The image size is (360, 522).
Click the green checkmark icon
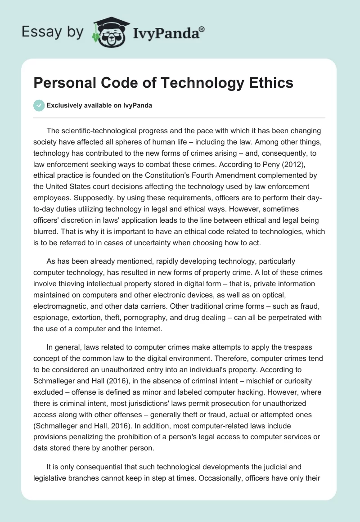[38, 105]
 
